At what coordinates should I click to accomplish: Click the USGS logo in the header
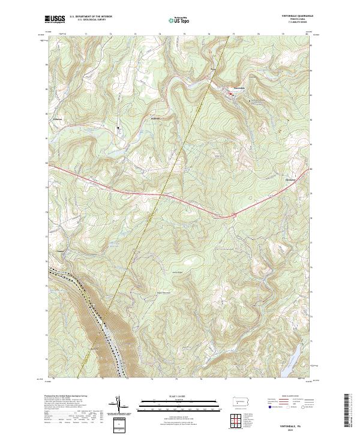click(x=56, y=20)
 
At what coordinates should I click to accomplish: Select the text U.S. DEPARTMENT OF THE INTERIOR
click(x=91, y=17)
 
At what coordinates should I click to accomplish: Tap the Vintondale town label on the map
click(x=238, y=89)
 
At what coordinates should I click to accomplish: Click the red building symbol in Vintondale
click(x=229, y=93)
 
